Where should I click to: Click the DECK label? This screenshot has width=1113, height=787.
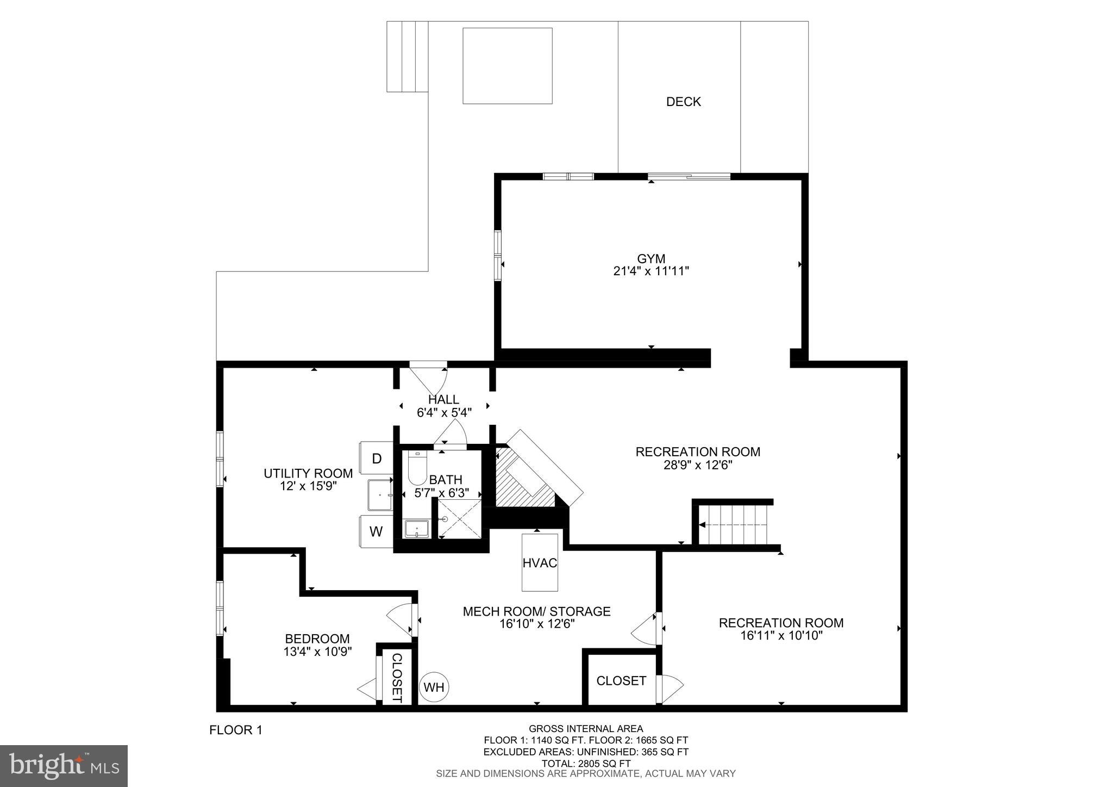click(x=683, y=102)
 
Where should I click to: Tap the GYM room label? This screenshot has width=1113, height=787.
click(x=651, y=259)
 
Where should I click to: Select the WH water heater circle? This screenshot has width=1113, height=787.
click(x=434, y=687)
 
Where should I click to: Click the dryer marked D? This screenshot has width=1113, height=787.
click(x=376, y=458)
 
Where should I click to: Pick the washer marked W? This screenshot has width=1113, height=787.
click(x=376, y=531)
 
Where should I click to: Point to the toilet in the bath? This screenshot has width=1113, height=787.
click(x=417, y=469)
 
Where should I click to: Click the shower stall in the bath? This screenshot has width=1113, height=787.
click(x=460, y=519)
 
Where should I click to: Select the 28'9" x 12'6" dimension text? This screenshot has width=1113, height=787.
click(x=698, y=466)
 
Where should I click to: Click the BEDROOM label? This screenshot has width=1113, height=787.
click(x=317, y=639)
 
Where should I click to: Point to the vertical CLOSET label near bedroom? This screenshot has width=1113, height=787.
click(x=397, y=677)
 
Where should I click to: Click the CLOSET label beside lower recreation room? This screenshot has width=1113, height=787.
click(x=621, y=681)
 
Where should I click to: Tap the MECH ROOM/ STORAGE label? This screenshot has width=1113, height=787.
click(x=536, y=611)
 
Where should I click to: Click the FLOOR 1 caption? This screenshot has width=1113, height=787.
click(x=236, y=730)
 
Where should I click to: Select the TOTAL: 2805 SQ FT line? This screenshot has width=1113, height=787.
click(x=586, y=764)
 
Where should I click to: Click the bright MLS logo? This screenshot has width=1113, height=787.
click(x=64, y=766)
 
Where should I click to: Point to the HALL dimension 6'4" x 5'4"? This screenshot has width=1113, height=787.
click(x=444, y=413)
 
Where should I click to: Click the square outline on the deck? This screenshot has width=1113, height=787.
click(x=507, y=65)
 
